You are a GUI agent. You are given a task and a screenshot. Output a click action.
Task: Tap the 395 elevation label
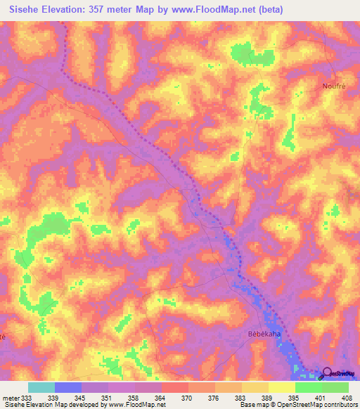(x=295, y=398)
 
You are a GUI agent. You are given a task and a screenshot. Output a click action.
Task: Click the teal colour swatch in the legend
(x=41, y=387)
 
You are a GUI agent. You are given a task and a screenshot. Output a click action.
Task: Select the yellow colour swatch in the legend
(x=281, y=387)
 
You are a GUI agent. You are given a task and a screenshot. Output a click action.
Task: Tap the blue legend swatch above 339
(x=67, y=387)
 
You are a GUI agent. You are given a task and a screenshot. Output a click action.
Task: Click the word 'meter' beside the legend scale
(x=11, y=398)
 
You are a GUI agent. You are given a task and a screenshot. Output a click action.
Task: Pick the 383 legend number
(x=241, y=398)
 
